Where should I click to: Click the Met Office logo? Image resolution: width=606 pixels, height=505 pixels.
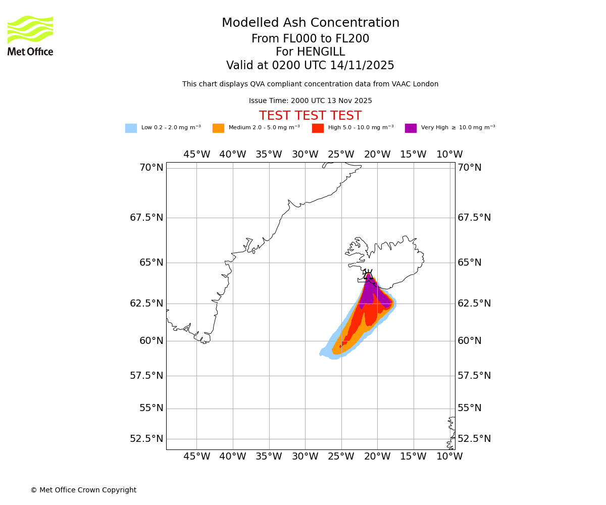coord(30,35)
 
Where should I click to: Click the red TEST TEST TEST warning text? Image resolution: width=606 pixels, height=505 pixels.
coord(310,116)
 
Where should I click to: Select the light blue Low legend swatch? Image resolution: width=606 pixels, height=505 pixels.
coord(131,128)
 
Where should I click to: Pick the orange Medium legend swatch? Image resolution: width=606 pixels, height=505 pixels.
coord(218,128)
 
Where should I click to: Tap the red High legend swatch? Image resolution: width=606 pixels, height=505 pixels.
coord(318,128)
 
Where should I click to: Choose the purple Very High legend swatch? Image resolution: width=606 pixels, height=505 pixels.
coord(411,128)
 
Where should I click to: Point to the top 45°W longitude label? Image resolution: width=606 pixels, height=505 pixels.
coord(196,155)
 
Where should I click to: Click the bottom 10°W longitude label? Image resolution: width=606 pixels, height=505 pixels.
coord(449,457)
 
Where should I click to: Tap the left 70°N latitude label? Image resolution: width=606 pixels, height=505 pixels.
coord(151,168)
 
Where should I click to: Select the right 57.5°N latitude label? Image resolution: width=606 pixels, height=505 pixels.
coord(474,375)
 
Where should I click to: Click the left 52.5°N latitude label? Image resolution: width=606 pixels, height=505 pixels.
coord(146,438)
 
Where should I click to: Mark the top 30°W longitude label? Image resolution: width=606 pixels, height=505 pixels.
coord(305,155)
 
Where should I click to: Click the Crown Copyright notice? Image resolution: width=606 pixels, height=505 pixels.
coord(83,490)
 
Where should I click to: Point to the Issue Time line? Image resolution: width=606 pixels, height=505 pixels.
coord(310,101)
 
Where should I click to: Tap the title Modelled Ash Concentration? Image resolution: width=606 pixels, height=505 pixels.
coord(310,23)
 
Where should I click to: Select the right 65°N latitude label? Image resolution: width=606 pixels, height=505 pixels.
coord(470,263)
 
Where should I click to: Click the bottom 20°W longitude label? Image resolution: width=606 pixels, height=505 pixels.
coord(377,457)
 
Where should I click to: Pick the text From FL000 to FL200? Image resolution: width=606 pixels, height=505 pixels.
coord(310,39)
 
